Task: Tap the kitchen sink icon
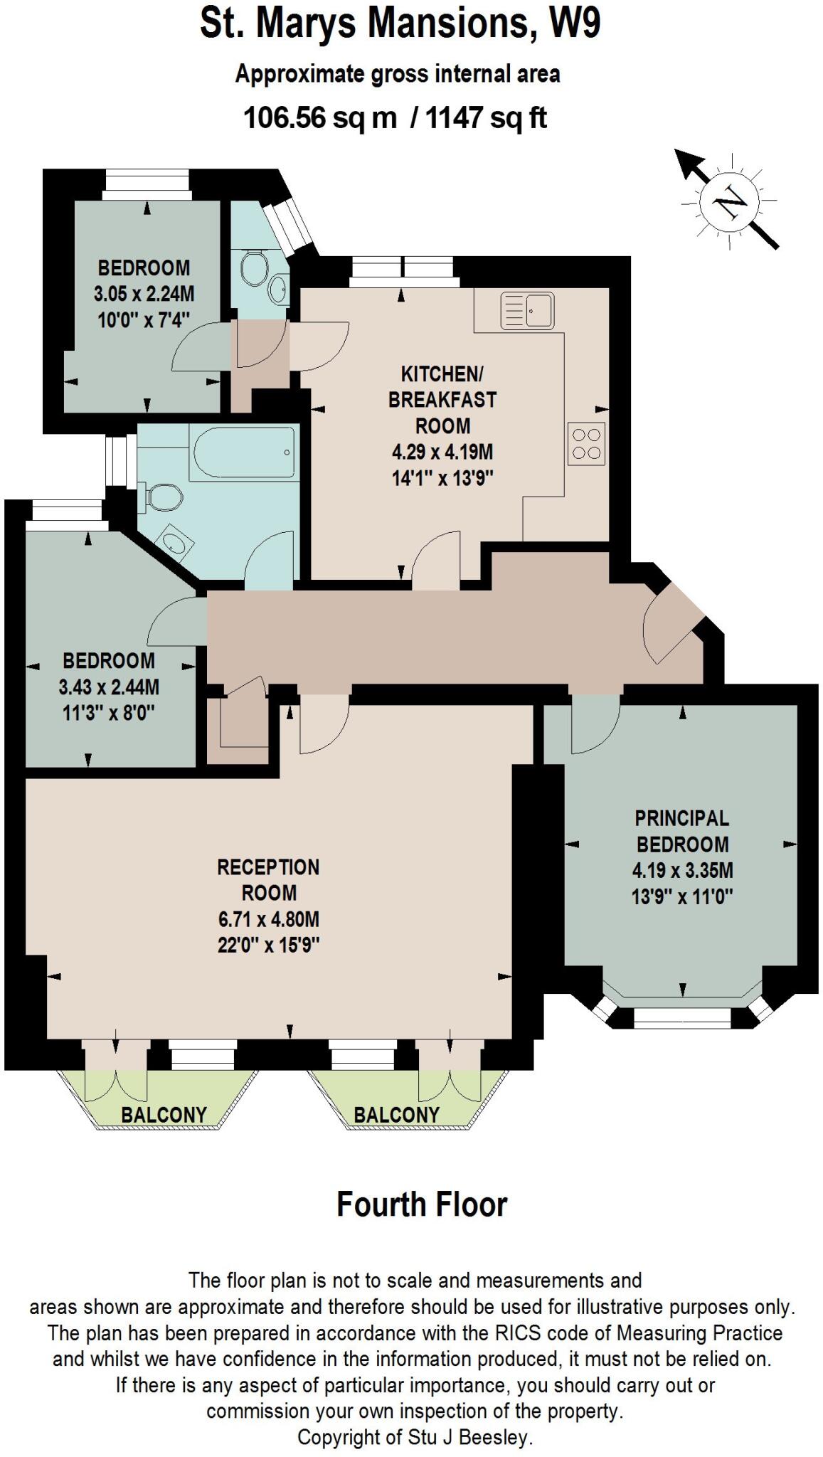[x=528, y=311]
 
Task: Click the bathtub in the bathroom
[x=242, y=453]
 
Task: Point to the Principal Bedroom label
[x=682, y=831]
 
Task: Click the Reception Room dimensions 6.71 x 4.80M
[x=269, y=919]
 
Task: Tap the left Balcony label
[x=164, y=1114]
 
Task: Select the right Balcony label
[x=396, y=1114]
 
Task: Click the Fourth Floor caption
[x=421, y=1205]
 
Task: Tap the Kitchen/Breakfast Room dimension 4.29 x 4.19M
[x=442, y=452]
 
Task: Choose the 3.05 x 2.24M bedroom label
[x=144, y=293]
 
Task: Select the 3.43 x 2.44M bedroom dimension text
[x=109, y=687]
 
